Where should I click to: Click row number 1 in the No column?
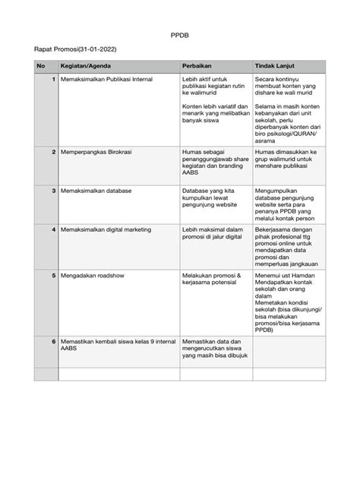[52, 78]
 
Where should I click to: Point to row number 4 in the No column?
[52, 229]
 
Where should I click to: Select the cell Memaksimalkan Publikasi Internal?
[109, 78]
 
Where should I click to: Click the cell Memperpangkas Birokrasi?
[97, 152]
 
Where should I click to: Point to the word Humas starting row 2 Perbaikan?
[192, 152]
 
